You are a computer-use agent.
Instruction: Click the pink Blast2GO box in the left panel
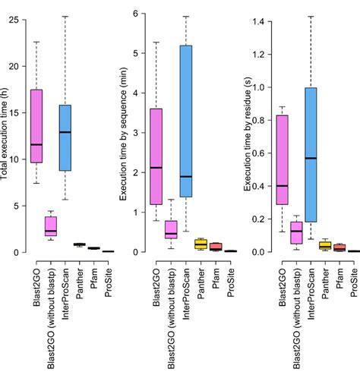(x=36, y=125)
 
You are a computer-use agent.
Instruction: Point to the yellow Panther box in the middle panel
(x=201, y=243)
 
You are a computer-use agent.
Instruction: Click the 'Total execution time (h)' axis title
(x=5, y=130)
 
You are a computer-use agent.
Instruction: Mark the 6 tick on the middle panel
(x=137, y=14)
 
